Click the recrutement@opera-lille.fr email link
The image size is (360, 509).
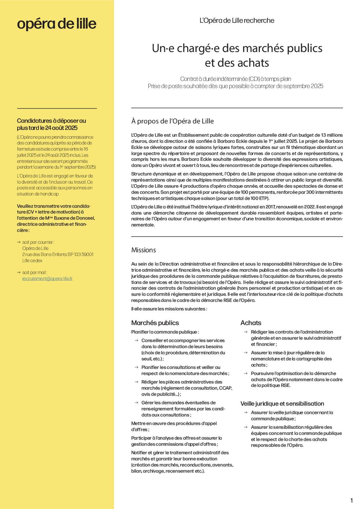47,278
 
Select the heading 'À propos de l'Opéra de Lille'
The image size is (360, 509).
173,121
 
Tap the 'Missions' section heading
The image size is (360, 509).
144,250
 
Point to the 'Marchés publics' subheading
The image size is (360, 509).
155,323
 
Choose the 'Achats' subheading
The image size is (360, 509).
251,323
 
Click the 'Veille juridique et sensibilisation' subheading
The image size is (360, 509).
282,404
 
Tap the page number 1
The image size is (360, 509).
351,500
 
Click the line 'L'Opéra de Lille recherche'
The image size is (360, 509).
237,20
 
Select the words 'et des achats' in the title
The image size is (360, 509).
237,63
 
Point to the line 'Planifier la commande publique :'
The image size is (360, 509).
165,332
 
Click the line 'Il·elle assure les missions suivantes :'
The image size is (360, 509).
169,309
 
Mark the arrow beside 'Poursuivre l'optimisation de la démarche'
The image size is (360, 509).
246,373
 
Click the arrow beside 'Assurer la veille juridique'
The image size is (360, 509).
246,412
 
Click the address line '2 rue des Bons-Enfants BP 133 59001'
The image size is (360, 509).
58,254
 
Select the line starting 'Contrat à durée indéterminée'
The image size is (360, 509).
235,79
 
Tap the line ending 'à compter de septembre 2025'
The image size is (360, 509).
235,86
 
